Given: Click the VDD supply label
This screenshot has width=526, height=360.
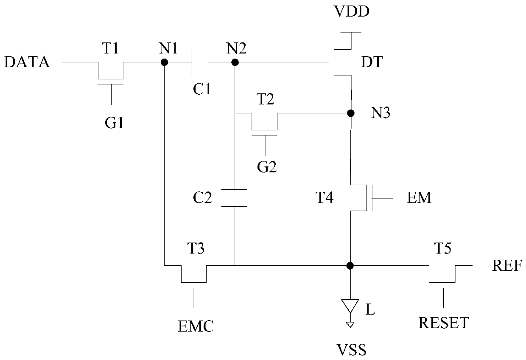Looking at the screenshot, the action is (x=352, y=11).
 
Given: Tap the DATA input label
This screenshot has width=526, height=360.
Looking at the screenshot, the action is (x=27, y=62).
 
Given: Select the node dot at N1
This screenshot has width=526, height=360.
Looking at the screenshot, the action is (x=165, y=62).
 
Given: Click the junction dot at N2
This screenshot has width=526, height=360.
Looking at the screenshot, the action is (x=235, y=62).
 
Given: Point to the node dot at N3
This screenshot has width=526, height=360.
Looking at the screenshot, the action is (x=351, y=113).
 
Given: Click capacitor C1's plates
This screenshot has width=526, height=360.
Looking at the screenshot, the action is (x=200, y=62).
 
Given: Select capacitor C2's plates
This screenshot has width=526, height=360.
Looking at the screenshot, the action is (x=234, y=198).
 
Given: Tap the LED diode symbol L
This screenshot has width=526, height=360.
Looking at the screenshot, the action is (x=350, y=306).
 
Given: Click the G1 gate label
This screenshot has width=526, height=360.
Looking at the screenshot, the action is (x=114, y=123).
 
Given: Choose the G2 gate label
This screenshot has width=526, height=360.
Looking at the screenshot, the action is (x=267, y=167).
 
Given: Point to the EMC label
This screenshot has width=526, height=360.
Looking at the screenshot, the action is (x=196, y=326).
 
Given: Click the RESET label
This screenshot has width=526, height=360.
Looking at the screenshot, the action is (x=444, y=323).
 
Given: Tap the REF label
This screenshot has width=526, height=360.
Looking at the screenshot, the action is (x=507, y=266).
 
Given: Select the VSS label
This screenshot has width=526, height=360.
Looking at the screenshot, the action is (x=352, y=350).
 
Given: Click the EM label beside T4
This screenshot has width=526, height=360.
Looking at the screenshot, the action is (x=419, y=198).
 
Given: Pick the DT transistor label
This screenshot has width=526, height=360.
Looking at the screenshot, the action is (x=372, y=62).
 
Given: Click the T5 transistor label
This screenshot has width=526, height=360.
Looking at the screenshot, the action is (x=442, y=248).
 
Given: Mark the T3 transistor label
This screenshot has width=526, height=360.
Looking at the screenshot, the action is (x=196, y=248).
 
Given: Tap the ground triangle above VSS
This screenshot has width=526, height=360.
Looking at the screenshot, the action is (x=350, y=325).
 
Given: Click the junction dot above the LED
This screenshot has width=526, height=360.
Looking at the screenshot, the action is (x=350, y=266).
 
